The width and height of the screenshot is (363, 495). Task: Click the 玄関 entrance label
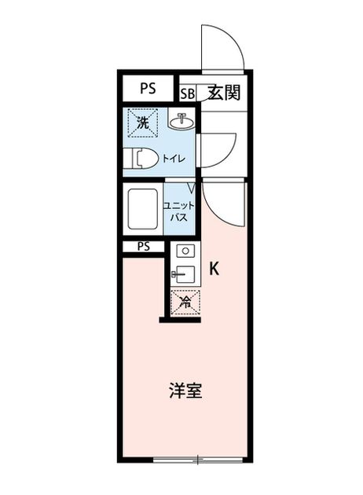224,93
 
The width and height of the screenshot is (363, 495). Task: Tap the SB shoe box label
188,93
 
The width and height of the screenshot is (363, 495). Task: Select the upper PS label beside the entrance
148,88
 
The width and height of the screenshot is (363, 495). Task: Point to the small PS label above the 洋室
144,247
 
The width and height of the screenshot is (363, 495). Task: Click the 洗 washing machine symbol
143,123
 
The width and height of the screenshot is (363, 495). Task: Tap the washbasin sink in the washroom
181,119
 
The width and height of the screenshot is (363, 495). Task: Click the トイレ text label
174,159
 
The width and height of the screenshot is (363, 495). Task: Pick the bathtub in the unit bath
143,209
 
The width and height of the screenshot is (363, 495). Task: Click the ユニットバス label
178,211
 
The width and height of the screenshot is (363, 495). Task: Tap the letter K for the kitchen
214,269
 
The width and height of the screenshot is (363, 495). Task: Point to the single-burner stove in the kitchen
185,251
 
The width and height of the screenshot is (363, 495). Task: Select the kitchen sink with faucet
183,274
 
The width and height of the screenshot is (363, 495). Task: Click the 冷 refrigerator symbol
185,302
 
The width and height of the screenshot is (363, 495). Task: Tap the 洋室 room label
185,390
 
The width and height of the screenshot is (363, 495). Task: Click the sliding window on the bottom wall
198,460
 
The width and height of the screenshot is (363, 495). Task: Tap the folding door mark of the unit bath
191,188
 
